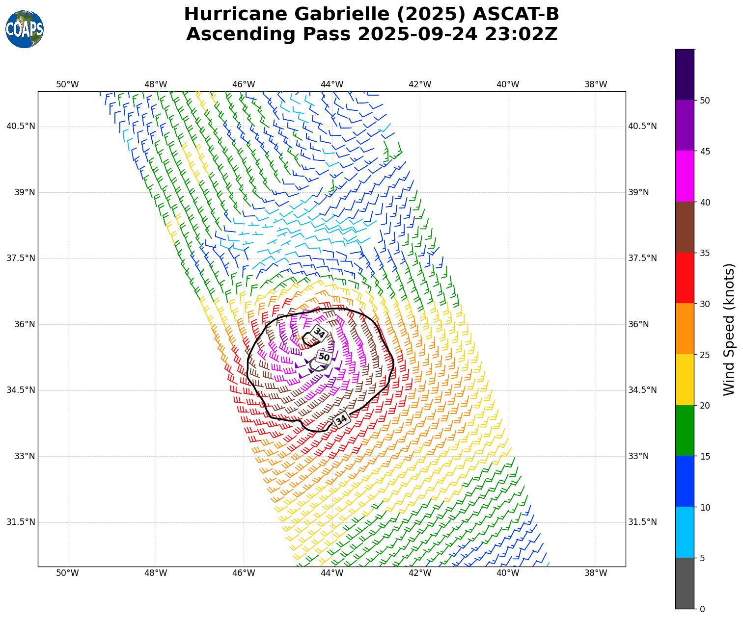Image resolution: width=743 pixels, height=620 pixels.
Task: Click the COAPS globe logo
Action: point(25,29)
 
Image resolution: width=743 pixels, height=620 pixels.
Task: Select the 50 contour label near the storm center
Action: point(324,357)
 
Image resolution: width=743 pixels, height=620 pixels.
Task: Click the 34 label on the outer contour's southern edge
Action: point(341,419)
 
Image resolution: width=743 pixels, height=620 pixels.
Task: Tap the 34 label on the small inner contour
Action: point(320,334)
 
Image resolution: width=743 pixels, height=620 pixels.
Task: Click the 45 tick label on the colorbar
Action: point(705,152)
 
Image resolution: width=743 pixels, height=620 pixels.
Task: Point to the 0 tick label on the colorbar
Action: point(702,609)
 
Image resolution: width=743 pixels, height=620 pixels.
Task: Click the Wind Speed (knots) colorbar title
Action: point(730,329)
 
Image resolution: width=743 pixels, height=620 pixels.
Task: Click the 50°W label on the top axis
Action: point(67,84)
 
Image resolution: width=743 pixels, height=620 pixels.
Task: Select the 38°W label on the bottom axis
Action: point(596,573)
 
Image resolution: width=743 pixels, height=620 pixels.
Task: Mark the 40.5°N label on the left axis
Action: point(21,126)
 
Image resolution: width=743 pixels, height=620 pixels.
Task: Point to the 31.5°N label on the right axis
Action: point(642,522)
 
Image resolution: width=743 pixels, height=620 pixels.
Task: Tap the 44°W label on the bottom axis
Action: point(331,573)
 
